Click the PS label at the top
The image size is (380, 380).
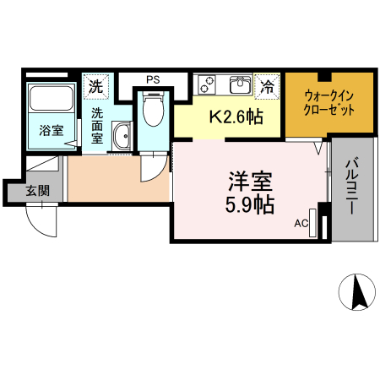pos(152,80)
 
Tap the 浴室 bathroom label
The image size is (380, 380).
pos(51,130)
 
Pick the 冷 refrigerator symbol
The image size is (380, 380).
pos(268,86)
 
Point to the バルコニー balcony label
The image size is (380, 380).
pos(353,189)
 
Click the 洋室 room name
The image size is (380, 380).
pos(250,181)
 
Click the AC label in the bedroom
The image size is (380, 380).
pos(301,224)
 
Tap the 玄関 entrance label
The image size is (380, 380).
pos(37,191)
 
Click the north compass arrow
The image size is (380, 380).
pos(357,292)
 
